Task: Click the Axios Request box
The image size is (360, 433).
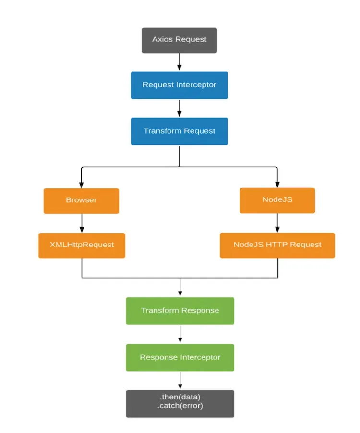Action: (179, 40)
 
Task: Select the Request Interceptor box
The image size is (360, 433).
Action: (179, 85)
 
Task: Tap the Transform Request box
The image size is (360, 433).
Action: (179, 131)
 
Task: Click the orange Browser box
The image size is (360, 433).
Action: (81, 200)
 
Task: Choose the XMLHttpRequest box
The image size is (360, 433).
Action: (82, 245)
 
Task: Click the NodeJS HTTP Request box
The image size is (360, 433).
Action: (277, 245)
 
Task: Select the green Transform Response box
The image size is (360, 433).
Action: (180, 311)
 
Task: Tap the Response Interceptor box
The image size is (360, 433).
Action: (180, 357)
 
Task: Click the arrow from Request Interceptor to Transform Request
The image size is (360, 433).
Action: (179, 108)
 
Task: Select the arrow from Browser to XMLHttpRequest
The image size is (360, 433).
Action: (82, 223)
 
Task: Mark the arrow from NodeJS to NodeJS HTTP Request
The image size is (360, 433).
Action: (277, 223)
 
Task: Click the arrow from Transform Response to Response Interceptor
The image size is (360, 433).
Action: (180, 334)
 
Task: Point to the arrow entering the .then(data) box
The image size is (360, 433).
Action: (180, 380)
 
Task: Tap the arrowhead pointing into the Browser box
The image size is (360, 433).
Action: (81, 185)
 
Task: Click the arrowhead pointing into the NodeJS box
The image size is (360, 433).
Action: (277, 185)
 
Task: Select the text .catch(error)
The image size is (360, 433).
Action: (180, 406)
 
